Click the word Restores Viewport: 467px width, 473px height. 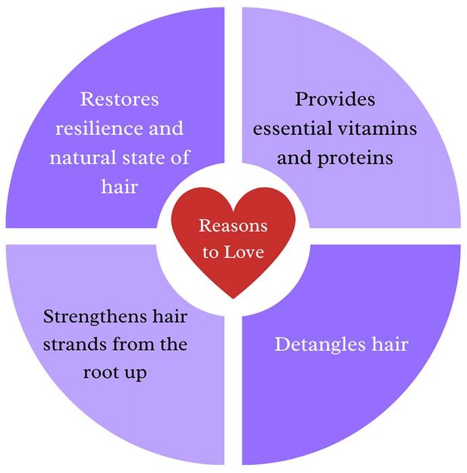coord(119,99)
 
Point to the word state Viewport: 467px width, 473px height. coord(144,157)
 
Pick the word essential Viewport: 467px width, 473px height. coord(292,128)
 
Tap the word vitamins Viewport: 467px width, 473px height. coord(377,128)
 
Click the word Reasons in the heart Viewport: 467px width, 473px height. coord(233,226)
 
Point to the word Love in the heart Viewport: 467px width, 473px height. coord(244,252)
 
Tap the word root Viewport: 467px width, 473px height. coord(100,373)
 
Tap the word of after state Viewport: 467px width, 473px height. coord(181,157)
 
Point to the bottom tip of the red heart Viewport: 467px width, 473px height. coord(234,299)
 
